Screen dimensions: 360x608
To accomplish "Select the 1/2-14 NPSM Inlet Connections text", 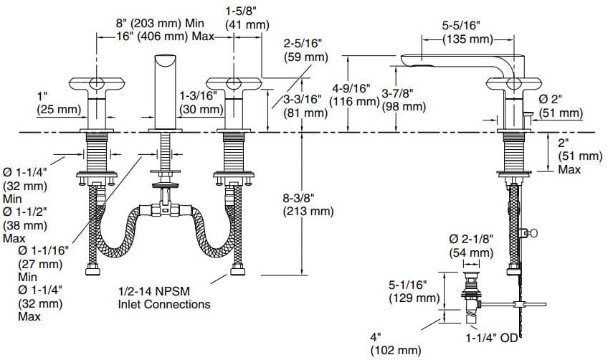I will point(164,298).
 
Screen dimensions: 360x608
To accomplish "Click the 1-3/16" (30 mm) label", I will point(201,102).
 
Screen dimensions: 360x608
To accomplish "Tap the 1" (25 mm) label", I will point(54,102).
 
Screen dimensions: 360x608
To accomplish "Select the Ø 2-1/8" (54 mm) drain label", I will point(471,245).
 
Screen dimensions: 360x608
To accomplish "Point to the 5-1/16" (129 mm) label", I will point(413,291).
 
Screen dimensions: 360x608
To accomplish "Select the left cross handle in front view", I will point(97,85).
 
